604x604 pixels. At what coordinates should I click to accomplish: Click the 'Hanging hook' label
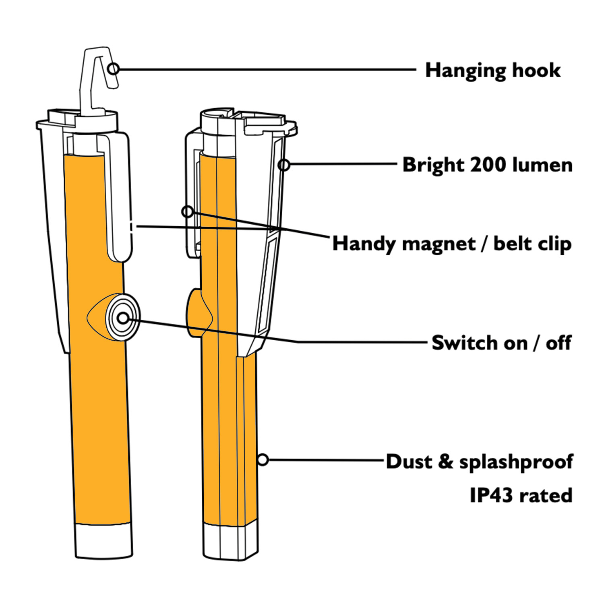(x=493, y=71)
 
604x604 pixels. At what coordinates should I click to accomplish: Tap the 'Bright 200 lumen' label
(x=487, y=165)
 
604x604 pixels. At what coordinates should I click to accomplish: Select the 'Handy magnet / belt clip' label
(x=452, y=244)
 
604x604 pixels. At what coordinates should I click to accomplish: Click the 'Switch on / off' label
(x=501, y=343)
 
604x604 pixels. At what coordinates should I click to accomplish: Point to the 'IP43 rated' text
(x=521, y=495)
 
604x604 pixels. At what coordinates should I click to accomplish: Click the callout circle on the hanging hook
(x=114, y=69)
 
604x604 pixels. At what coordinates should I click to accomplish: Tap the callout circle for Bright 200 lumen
(x=284, y=164)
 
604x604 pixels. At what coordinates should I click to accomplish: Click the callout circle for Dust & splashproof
(x=263, y=459)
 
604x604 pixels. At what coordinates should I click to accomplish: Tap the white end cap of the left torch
(x=103, y=541)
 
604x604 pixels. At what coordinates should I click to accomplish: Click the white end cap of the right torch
(x=230, y=541)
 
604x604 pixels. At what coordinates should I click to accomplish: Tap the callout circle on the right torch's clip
(x=187, y=211)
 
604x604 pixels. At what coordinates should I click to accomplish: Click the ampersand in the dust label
(x=445, y=462)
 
